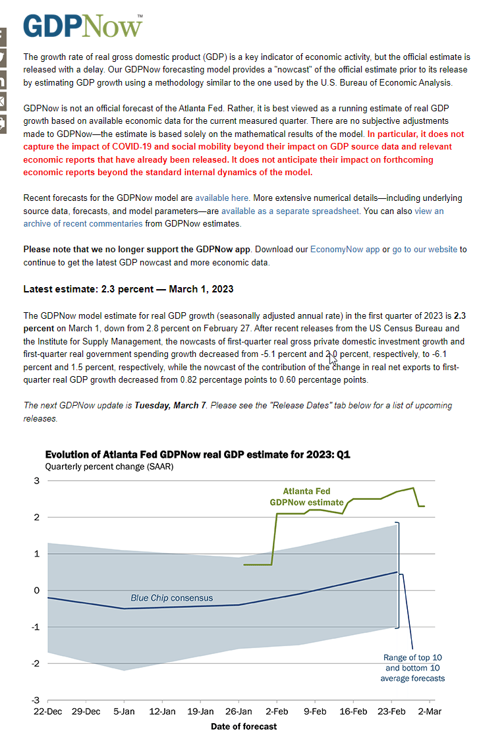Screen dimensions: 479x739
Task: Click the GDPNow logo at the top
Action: [x=83, y=26]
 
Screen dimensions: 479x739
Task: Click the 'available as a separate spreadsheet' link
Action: [x=290, y=211]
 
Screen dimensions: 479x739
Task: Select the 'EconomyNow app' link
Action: [x=345, y=250]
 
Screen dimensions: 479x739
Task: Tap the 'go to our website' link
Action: [x=425, y=250]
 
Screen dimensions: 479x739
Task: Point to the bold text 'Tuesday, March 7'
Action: [x=170, y=405]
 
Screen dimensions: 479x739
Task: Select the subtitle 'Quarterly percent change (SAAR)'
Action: [x=109, y=466]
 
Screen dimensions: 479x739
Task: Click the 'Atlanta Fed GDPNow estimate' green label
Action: [x=306, y=497]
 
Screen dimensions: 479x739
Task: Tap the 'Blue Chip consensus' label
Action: [x=171, y=597]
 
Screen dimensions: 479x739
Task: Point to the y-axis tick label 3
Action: [x=37, y=481]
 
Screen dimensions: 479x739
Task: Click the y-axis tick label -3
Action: [x=36, y=700]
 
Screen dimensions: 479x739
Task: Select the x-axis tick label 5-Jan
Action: [x=124, y=711]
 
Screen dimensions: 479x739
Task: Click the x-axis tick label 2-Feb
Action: [x=277, y=711]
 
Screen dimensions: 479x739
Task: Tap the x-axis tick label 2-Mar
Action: [x=430, y=711]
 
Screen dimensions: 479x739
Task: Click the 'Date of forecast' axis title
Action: [x=244, y=726]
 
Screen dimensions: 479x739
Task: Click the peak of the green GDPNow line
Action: [x=414, y=488]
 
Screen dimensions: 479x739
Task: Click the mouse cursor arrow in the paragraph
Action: [x=332, y=359]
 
